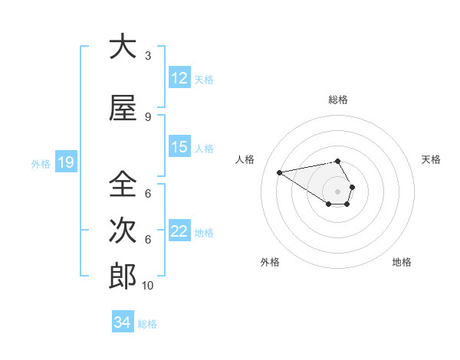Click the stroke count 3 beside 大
click(x=147, y=56)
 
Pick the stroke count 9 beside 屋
click(x=147, y=117)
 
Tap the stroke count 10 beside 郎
click(x=148, y=286)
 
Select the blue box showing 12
click(x=179, y=78)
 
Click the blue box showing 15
click(x=179, y=147)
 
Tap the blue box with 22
click(x=179, y=231)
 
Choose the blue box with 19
click(x=65, y=162)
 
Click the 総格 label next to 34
click(x=147, y=324)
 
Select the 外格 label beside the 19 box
click(x=41, y=163)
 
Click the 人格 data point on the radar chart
click(x=279, y=172)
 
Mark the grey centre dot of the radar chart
click(x=337, y=191)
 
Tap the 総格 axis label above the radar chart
click(x=338, y=100)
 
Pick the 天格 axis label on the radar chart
click(x=432, y=159)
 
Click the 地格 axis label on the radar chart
click(x=402, y=262)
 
